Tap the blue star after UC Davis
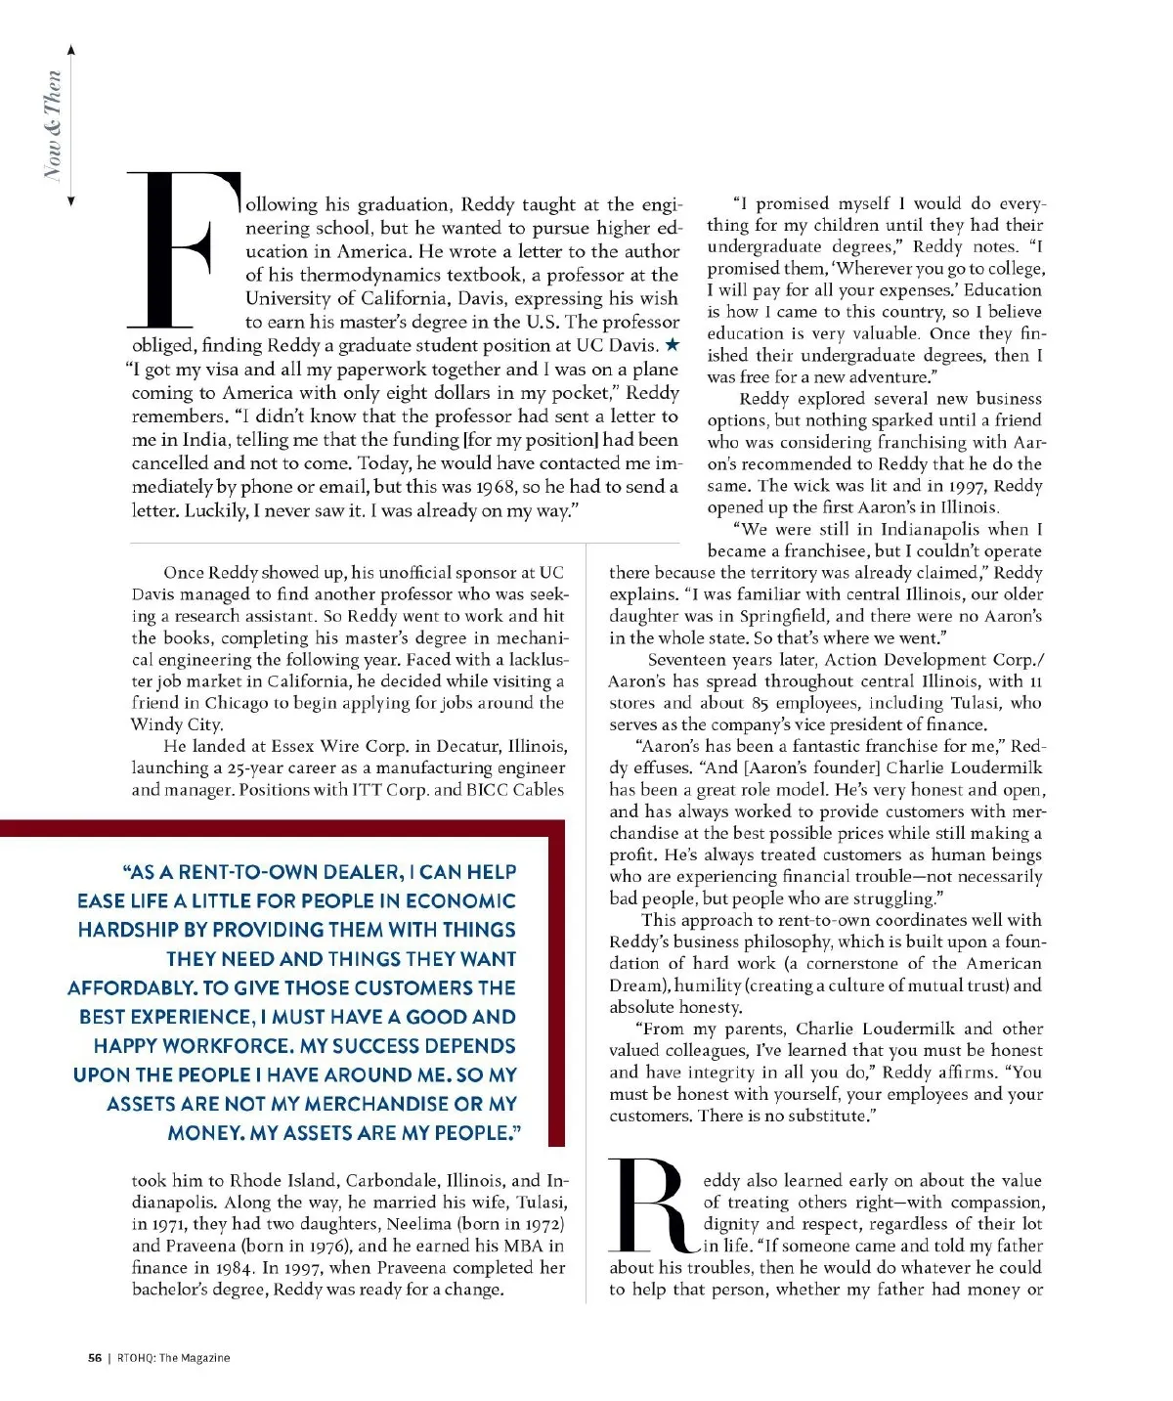672,345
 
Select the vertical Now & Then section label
54,124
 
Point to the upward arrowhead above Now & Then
71,50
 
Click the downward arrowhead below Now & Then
71,200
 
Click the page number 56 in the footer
95,1358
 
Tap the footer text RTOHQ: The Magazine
174,1358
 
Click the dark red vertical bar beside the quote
556,987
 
